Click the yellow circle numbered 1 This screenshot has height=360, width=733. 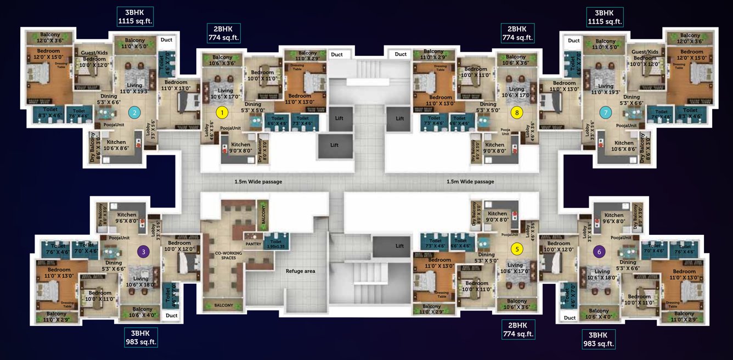222,113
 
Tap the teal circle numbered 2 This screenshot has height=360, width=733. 133,113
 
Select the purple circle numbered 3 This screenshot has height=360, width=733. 143,252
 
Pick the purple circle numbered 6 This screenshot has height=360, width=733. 599,252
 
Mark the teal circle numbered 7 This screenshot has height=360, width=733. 605,113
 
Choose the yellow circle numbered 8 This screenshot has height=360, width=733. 516,113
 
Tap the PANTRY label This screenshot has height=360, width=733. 253,244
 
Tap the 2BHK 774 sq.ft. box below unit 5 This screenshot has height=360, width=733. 518,330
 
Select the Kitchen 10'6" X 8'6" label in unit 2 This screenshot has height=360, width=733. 116,145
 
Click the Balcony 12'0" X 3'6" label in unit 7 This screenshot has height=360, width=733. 690,38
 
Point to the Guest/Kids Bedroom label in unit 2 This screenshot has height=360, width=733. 94,59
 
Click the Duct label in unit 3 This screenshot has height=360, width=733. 172,316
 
